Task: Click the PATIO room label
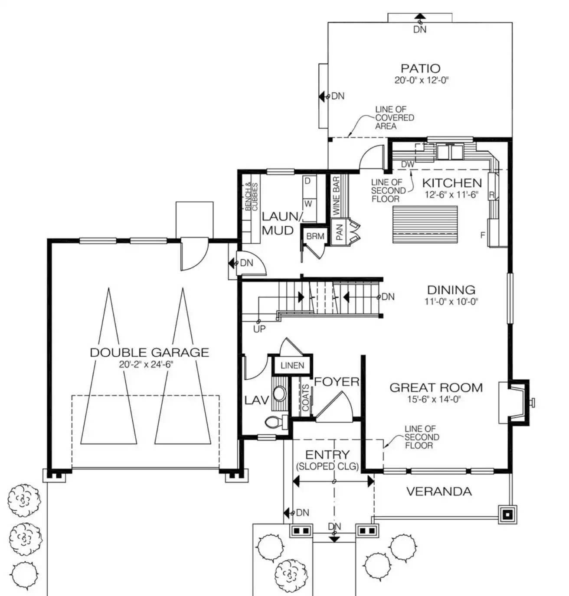(x=420, y=68)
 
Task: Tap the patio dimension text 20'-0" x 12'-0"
(x=421, y=80)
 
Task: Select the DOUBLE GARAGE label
(x=150, y=352)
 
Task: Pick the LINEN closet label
(x=292, y=365)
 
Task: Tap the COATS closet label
(x=306, y=398)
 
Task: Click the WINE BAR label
(x=337, y=196)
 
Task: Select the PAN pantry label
(x=340, y=232)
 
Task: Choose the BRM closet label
(x=315, y=236)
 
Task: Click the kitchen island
(x=425, y=225)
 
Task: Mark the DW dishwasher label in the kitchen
(x=408, y=164)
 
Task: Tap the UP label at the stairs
(x=259, y=329)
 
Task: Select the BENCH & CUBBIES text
(x=252, y=196)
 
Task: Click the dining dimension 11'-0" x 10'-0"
(x=451, y=302)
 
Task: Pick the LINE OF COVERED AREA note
(x=395, y=117)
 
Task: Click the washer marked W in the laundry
(x=308, y=204)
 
